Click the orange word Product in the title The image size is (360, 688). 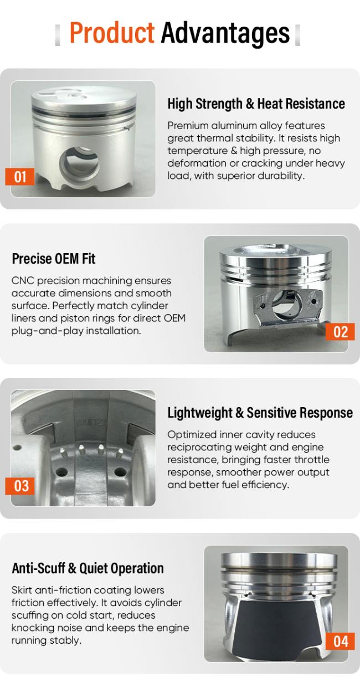[x=112, y=33]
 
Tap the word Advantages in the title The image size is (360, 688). [x=225, y=33]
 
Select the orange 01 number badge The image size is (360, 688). [x=20, y=177]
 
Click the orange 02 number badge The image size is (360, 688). [x=340, y=332]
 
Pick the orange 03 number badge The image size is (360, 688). [x=20, y=486]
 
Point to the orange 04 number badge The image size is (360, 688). [x=340, y=641]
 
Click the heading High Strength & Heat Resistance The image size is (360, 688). [x=256, y=104]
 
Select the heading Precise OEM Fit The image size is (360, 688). [x=54, y=259]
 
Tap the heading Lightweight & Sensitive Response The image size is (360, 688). [x=260, y=413]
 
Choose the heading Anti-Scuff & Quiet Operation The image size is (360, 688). [x=88, y=568]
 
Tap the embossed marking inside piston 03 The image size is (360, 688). [x=91, y=423]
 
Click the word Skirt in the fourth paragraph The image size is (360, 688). [x=22, y=590]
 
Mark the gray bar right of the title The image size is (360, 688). [x=297, y=35]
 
